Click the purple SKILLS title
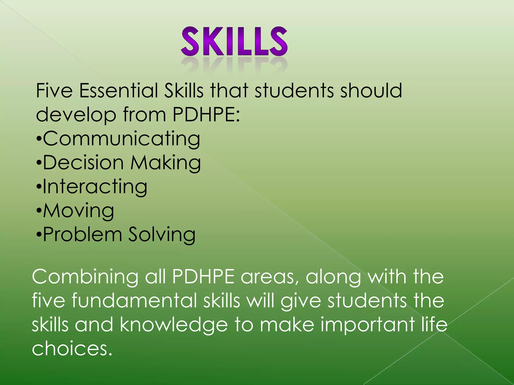click(234, 42)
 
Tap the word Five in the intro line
click(54, 90)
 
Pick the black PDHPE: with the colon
click(206, 115)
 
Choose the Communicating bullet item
click(121, 139)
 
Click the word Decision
click(83, 163)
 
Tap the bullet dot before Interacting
click(38, 187)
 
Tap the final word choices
click(72, 349)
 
